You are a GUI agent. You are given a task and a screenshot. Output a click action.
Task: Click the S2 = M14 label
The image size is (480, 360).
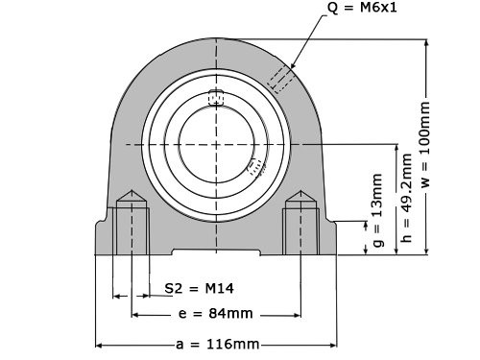(x=200, y=288)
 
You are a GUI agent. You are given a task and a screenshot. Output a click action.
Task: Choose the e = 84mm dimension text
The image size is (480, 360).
(x=216, y=314)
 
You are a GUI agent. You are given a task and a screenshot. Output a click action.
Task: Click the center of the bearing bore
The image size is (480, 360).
(x=216, y=144)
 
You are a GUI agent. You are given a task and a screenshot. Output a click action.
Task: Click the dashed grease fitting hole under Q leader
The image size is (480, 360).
(x=282, y=78)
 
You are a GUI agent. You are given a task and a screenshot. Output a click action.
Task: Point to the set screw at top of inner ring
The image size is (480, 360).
(x=216, y=97)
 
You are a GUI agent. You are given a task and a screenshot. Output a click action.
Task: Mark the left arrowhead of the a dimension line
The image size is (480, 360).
(x=99, y=344)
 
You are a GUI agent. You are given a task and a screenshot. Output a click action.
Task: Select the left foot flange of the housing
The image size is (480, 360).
(x=104, y=237)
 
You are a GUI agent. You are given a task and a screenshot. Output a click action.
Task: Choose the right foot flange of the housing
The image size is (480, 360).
(x=329, y=237)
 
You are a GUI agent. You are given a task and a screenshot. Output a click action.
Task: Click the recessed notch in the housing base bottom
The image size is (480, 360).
(x=216, y=252)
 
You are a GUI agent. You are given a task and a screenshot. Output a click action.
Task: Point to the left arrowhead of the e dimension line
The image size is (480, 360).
(x=135, y=314)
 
